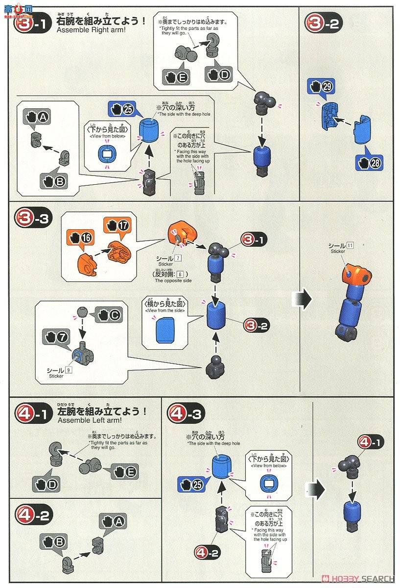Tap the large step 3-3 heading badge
pyautogui.click(x=31, y=219)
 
